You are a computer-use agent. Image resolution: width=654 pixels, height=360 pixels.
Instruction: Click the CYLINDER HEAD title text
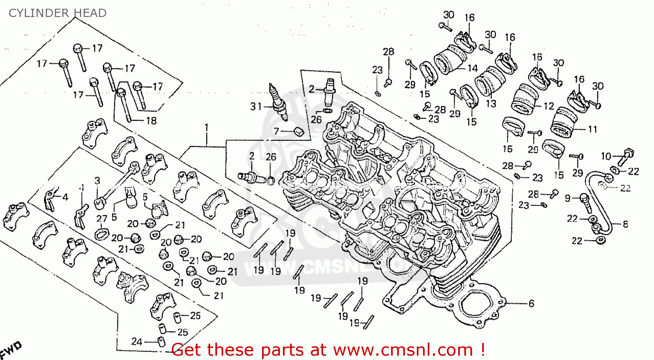pos(58,13)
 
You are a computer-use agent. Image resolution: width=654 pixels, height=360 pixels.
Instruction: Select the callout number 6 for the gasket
pos(531,303)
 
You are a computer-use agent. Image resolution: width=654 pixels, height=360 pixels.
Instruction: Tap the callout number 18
pos(151,121)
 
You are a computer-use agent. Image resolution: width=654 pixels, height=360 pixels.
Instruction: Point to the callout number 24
pos(137,341)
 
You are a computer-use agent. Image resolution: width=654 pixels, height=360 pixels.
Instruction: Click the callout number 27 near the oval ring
pos(102,219)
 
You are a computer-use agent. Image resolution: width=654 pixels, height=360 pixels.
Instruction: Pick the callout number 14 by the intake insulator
pos(473,68)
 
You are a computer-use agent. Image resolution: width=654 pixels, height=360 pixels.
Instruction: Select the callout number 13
pos(491,104)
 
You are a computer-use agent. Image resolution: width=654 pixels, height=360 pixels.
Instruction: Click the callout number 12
pos(548,106)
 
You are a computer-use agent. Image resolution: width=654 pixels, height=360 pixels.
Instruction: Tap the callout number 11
pos(592,129)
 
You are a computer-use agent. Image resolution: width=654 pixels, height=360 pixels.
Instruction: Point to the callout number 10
pos(606,156)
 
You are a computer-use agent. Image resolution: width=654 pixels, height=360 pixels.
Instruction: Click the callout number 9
pos(567,198)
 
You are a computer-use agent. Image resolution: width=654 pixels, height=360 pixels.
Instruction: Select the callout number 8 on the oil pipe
pos(625,224)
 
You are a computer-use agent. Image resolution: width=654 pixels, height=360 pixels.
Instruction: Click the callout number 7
pos(276,131)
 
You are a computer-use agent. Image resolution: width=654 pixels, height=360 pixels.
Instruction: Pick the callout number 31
pos(256,106)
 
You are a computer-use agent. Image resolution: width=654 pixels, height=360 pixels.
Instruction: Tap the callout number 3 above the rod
pos(97,180)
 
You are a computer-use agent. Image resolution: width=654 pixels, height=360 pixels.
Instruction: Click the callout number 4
pos(65,197)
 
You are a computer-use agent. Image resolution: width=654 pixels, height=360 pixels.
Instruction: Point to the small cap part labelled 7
pos(299,131)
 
